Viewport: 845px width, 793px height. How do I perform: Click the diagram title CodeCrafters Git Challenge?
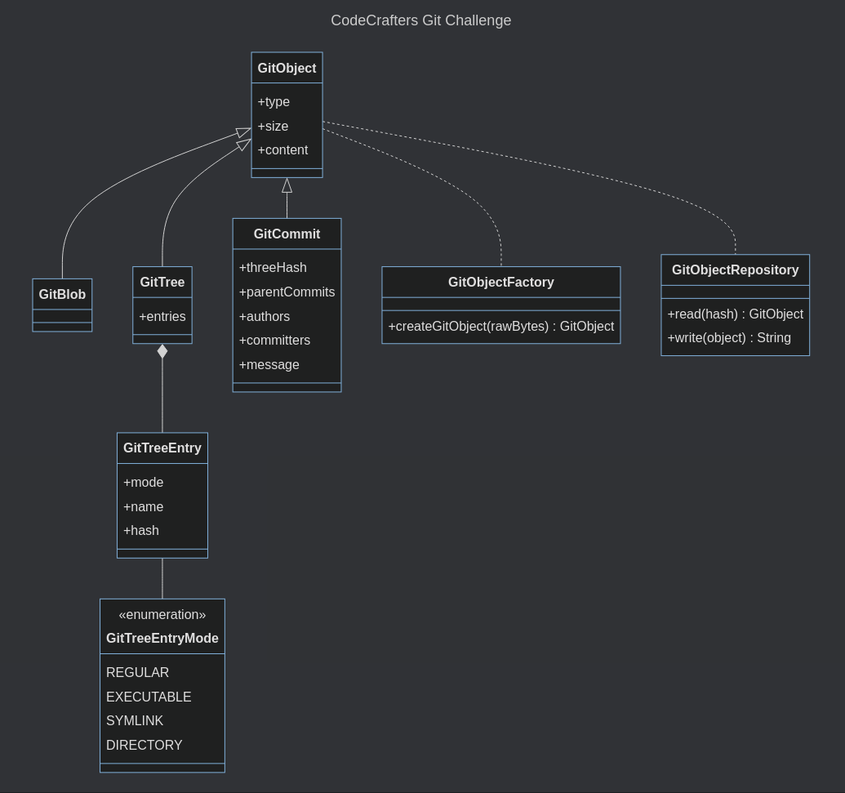click(x=420, y=20)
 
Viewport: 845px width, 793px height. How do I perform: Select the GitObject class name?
click(x=287, y=69)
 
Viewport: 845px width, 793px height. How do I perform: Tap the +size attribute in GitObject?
click(x=273, y=126)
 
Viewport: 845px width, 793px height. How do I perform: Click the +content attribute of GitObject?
click(x=282, y=150)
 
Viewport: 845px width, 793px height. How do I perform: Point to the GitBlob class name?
click(x=62, y=295)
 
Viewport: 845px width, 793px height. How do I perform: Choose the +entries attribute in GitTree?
click(x=162, y=317)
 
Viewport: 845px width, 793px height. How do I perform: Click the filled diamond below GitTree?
click(x=162, y=351)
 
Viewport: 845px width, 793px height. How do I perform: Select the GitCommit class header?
click(x=287, y=234)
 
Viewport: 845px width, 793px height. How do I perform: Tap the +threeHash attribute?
click(x=273, y=268)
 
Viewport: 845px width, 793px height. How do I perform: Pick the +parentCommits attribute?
click(x=287, y=292)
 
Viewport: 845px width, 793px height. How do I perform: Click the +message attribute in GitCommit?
click(x=269, y=365)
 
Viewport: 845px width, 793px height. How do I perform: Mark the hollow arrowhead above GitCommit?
click(x=287, y=186)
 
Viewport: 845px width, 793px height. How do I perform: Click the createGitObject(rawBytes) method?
click(x=500, y=327)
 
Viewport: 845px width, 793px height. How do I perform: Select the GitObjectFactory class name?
click(x=500, y=283)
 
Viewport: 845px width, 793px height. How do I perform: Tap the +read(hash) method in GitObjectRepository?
click(x=735, y=314)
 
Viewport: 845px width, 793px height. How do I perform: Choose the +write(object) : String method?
click(x=729, y=338)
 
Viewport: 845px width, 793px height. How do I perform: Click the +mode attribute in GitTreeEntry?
click(x=143, y=483)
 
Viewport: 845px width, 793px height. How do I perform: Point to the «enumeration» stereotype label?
click(x=162, y=615)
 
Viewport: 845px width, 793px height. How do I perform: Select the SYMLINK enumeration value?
click(x=135, y=721)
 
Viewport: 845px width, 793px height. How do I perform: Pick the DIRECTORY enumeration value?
click(x=145, y=746)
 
